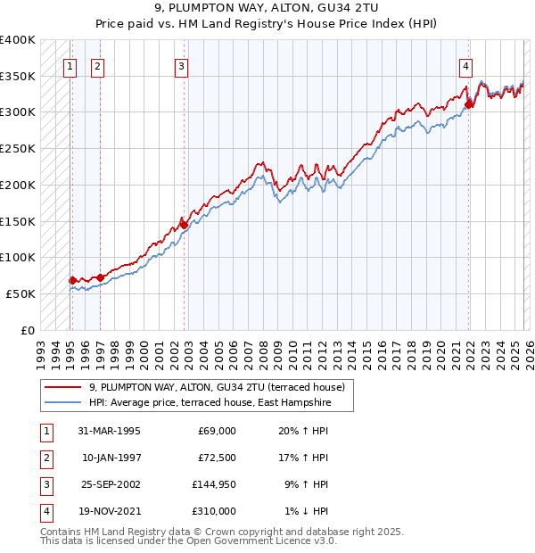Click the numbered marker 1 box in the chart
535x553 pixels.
pos(70,65)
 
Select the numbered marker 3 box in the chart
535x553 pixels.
pos(181,65)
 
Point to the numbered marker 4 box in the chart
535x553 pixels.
pos(465,65)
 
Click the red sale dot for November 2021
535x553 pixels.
pos(468,104)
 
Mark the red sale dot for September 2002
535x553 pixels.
pos(185,225)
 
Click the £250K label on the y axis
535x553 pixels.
pos(18,148)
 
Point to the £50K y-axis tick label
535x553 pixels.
pos(21,293)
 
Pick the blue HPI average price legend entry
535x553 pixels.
pos(210,403)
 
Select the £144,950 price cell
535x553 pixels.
pos(214,484)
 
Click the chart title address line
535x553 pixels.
pos(267,9)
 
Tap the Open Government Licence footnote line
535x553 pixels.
pos(189,541)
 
